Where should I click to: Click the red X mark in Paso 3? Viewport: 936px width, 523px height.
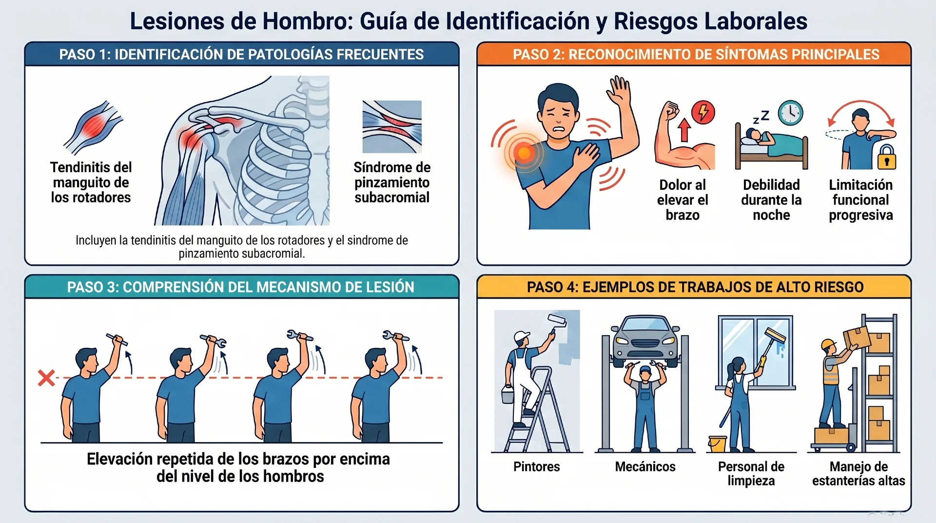46,378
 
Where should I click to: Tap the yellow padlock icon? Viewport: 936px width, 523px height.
887,158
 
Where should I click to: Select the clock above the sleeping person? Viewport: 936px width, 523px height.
790,113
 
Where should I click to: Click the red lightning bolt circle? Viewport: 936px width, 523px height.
703,112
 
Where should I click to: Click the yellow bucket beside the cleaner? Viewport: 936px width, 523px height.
718,444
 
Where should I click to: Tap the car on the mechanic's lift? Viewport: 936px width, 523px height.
645,339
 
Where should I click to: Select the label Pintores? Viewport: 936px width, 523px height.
536,467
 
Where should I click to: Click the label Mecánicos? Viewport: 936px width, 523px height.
645,467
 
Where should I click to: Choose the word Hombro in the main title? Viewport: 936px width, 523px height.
305,21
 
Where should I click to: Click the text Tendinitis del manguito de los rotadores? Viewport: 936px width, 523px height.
91,182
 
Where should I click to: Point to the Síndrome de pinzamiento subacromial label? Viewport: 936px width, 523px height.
392,182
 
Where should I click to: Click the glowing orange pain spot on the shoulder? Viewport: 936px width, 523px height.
524,153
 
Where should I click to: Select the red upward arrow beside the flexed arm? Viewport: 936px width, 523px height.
684,129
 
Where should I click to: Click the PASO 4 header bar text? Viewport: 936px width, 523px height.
695,287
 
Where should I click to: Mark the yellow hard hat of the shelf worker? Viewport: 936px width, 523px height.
828,345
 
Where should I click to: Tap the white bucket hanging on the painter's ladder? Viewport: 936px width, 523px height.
508,394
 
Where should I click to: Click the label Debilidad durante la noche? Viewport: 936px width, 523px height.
771,200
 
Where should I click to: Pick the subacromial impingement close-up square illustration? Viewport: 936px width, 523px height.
392,127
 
